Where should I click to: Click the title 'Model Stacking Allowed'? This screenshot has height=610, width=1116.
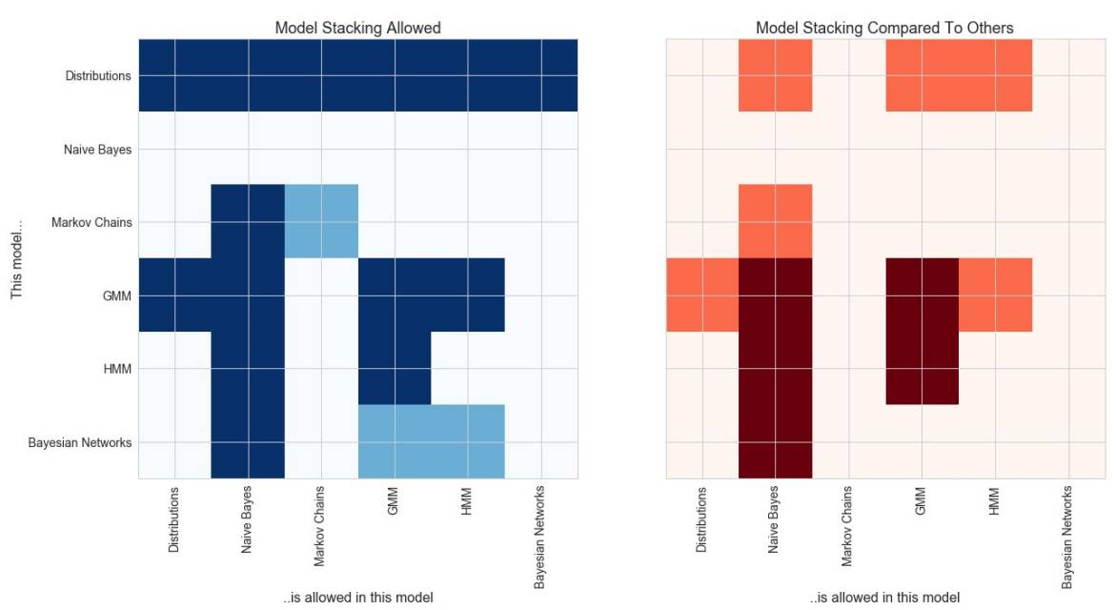click(357, 28)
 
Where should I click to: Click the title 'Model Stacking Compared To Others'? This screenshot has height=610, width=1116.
click(884, 28)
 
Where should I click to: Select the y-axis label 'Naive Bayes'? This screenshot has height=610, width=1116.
click(97, 149)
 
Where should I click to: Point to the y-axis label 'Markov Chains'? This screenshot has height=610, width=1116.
click(91, 222)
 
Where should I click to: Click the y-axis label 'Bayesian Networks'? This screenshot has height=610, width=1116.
click(79, 442)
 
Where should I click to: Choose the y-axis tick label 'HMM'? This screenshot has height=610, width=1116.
click(117, 369)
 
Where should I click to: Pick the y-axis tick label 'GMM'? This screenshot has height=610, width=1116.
click(117, 295)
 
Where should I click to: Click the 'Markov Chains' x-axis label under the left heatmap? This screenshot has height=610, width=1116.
click(320, 526)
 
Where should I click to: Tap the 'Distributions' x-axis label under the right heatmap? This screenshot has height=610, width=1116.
click(702, 519)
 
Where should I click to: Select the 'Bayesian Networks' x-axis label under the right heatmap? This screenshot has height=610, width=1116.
click(1068, 536)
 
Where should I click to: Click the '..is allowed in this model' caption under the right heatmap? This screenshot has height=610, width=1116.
click(884, 598)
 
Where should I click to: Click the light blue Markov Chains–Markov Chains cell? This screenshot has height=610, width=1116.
click(321, 221)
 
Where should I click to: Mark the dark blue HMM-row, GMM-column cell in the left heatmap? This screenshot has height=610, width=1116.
click(395, 368)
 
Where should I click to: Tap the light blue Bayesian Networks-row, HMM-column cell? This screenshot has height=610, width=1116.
click(468, 441)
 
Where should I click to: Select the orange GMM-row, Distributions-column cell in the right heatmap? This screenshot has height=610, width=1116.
click(702, 295)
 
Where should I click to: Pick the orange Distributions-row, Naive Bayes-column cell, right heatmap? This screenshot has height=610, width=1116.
click(776, 75)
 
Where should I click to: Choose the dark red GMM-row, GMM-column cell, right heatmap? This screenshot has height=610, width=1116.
click(922, 295)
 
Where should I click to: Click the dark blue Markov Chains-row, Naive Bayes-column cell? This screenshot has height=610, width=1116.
click(248, 221)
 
